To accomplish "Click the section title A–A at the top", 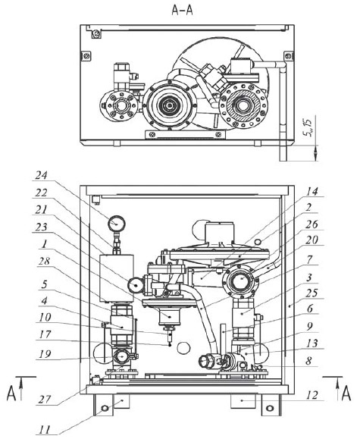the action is point(182,10).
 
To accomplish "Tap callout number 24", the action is point(41,175).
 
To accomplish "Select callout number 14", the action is point(311,192).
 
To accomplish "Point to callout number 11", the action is point(44,430).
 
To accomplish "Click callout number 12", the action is point(312,395).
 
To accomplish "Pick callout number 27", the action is point(45,400).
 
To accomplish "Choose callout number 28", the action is point(44,261).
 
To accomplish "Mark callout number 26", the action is point(311,224).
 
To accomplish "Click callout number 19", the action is point(45,354).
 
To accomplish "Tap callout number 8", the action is point(308,361).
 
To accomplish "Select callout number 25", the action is point(311,293).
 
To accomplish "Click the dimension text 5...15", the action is point(308,127).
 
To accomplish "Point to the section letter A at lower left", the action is point(11,394).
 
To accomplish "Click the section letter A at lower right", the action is point(346,394).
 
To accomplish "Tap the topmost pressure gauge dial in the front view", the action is point(116,224).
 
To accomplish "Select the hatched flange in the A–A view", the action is point(243,106).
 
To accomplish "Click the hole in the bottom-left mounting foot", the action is point(105,409).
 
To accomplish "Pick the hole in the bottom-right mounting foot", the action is point(270,409).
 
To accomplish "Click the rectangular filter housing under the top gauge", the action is point(117,278).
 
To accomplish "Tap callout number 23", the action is point(41,227).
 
